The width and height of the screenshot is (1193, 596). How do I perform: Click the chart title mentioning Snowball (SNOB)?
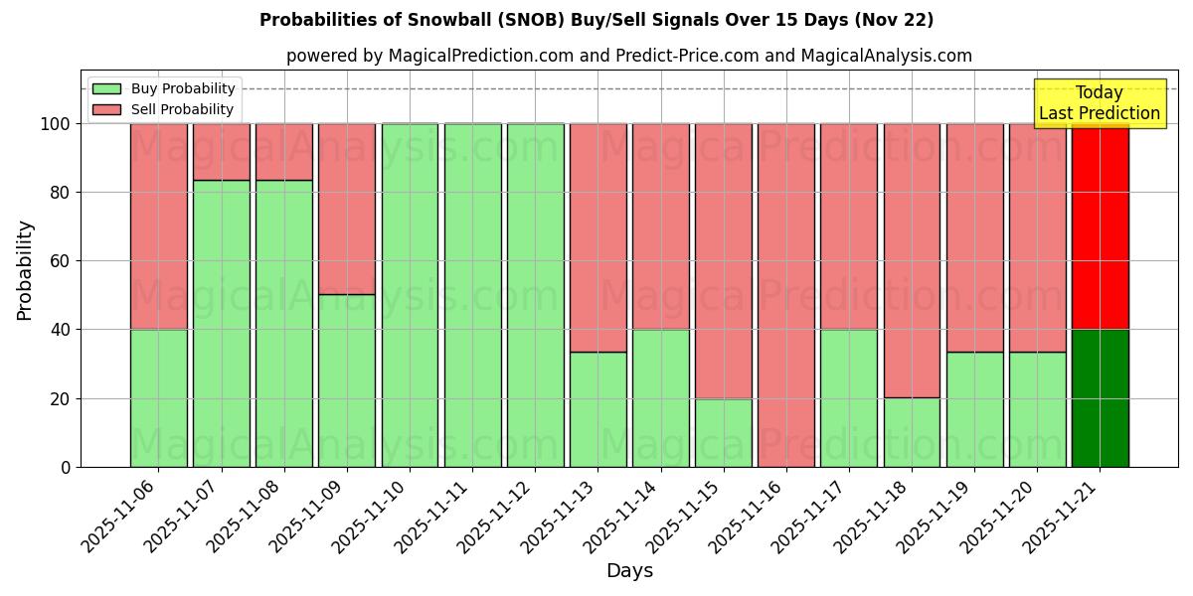click(x=596, y=20)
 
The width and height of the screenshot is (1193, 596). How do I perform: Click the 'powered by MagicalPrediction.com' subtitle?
click(x=628, y=57)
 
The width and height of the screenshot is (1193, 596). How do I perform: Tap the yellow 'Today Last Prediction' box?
click(x=1099, y=103)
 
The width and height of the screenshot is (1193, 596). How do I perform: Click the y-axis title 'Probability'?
click(x=25, y=270)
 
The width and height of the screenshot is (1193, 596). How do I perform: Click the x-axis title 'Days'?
click(x=629, y=571)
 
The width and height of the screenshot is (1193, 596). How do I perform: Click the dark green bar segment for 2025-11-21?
click(x=1100, y=397)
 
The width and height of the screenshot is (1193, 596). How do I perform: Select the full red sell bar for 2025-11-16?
click(x=785, y=295)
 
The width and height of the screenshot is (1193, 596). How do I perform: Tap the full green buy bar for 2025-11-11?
click(x=472, y=295)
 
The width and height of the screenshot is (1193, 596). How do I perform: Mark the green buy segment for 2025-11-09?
click(x=347, y=380)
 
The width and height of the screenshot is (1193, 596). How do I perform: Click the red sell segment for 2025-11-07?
click(x=221, y=152)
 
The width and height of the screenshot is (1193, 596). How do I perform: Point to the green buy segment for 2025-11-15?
click(x=723, y=432)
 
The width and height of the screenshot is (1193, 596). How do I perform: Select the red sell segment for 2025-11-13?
click(x=597, y=238)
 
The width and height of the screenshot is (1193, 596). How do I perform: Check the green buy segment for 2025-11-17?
click(x=848, y=397)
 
